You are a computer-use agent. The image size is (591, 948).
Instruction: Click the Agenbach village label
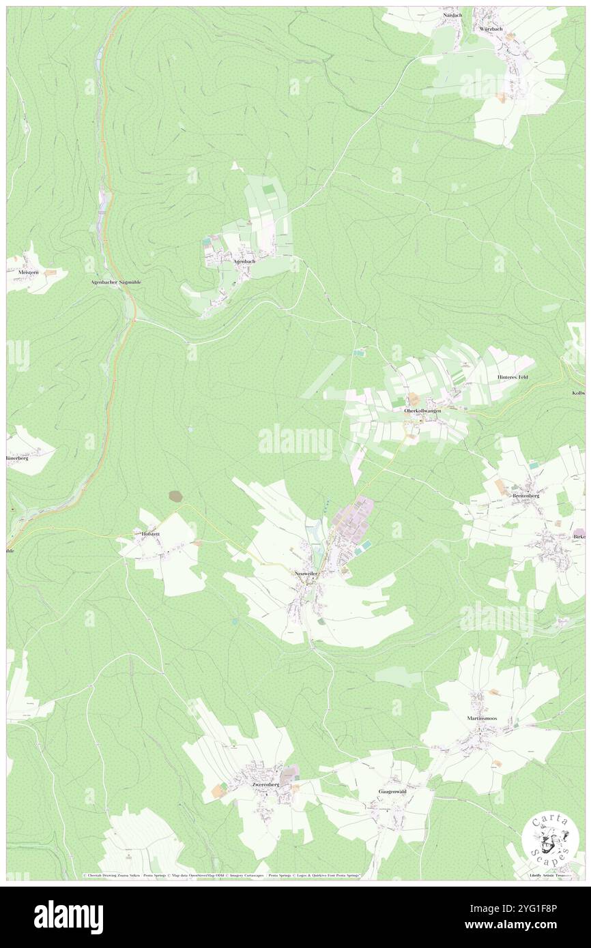click(x=244, y=261)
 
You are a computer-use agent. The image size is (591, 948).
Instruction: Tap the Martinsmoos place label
click(x=489, y=718)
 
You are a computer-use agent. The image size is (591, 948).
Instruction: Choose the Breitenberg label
click(x=526, y=496)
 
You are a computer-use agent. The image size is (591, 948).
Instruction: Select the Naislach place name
click(x=453, y=14)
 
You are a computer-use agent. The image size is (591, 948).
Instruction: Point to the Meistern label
click(x=20, y=271)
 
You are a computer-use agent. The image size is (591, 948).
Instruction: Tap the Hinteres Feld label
click(x=513, y=376)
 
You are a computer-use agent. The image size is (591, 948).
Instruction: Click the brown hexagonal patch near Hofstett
click(x=176, y=496)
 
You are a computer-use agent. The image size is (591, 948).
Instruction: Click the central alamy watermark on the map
click(x=295, y=442)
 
